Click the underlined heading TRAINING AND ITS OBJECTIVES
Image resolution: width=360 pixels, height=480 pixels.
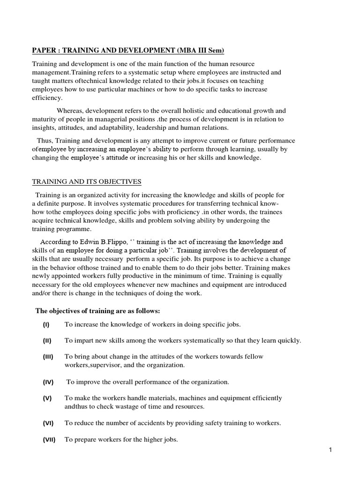click(x=86, y=182)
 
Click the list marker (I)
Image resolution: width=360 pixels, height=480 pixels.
click(x=46, y=324)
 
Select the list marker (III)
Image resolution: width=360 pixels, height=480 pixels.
click(x=48, y=357)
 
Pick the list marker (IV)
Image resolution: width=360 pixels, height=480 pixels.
click(x=48, y=382)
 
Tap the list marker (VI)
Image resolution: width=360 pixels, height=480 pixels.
click(x=48, y=423)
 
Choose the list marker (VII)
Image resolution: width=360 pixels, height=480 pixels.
click(x=49, y=440)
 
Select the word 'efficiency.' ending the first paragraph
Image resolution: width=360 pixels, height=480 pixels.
click(x=47, y=97)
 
